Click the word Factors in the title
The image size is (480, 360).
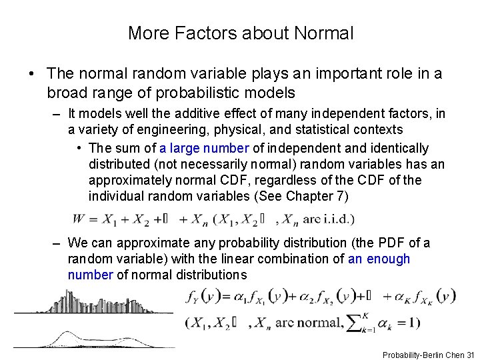click(x=203, y=32)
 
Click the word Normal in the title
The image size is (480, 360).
click(x=325, y=32)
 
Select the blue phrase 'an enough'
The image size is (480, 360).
click(x=379, y=259)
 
